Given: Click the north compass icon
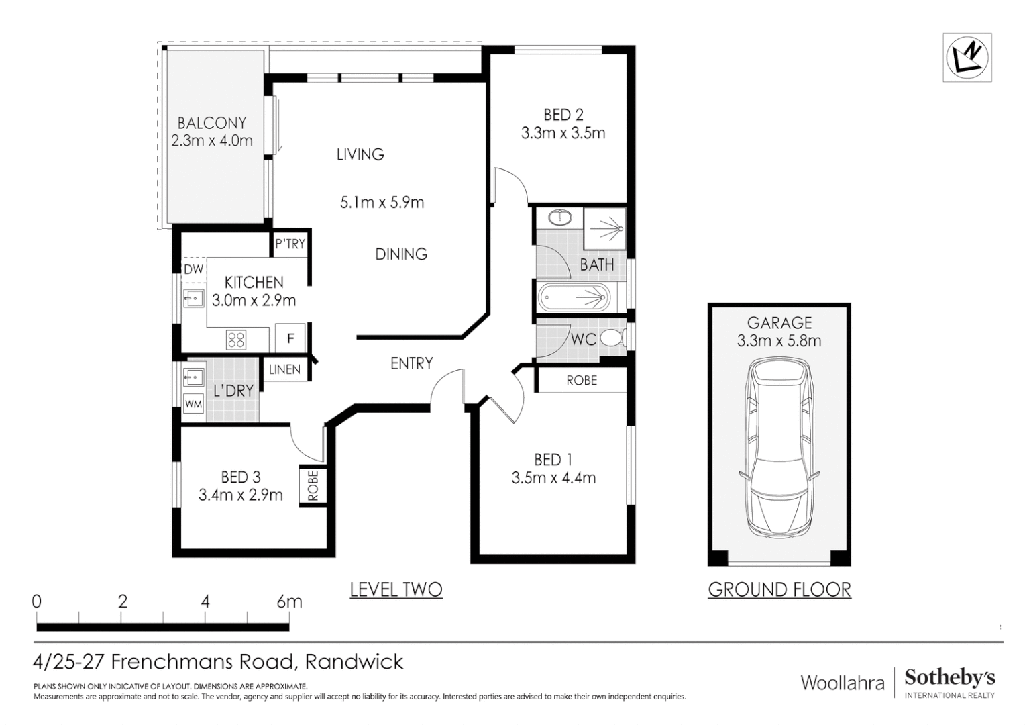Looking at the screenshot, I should click(x=967, y=57).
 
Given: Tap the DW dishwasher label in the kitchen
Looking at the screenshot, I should click(x=193, y=270).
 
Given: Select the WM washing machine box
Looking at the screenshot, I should click(x=193, y=404).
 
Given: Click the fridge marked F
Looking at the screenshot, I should click(x=290, y=338).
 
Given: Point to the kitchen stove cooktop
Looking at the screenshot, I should click(x=236, y=340).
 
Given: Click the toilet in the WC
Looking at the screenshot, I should click(x=612, y=338).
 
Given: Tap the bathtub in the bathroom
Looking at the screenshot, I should click(x=574, y=296).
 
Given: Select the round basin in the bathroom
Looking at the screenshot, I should click(x=558, y=217).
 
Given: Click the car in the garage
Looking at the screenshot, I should click(x=779, y=448).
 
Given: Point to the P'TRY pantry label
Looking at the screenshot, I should click(x=290, y=244).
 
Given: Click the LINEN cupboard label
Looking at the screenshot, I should click(x=284, y=369).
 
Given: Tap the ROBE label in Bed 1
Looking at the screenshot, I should click(x=582, y=380).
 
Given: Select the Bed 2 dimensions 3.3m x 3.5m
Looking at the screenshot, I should click(x=563, y=133).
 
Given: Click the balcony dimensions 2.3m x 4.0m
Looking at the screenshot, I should click(x=212, y=140).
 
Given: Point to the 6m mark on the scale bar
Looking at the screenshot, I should click(x=289, y=601).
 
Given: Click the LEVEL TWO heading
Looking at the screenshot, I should click(x=396, y=589).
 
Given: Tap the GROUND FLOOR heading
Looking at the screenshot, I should click(x=779, y=589).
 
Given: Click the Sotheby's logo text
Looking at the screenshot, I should click(x=949, y=677).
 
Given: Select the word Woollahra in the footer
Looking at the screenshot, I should click(x=843, y=683).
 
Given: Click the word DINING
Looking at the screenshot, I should click(x=401, y=254).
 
